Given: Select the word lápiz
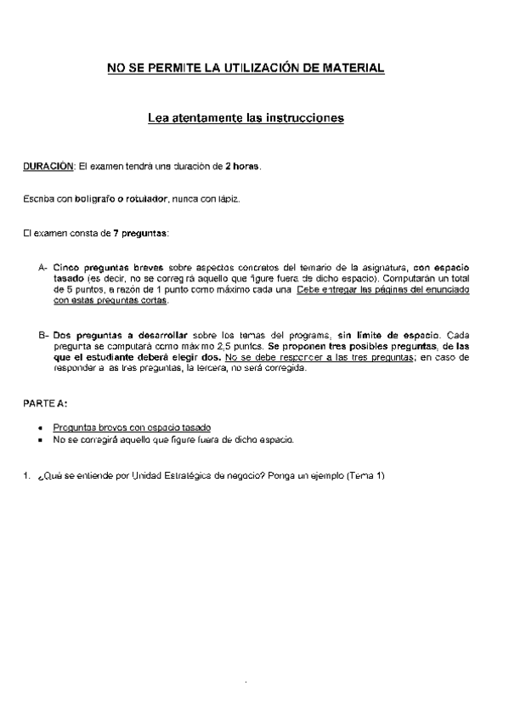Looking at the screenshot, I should (227, 199).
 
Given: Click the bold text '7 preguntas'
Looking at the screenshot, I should (140, 232).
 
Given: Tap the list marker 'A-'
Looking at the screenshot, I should (43, 267).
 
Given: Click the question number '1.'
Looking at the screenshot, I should (26, 475).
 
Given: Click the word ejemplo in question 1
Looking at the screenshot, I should (326, 475).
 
